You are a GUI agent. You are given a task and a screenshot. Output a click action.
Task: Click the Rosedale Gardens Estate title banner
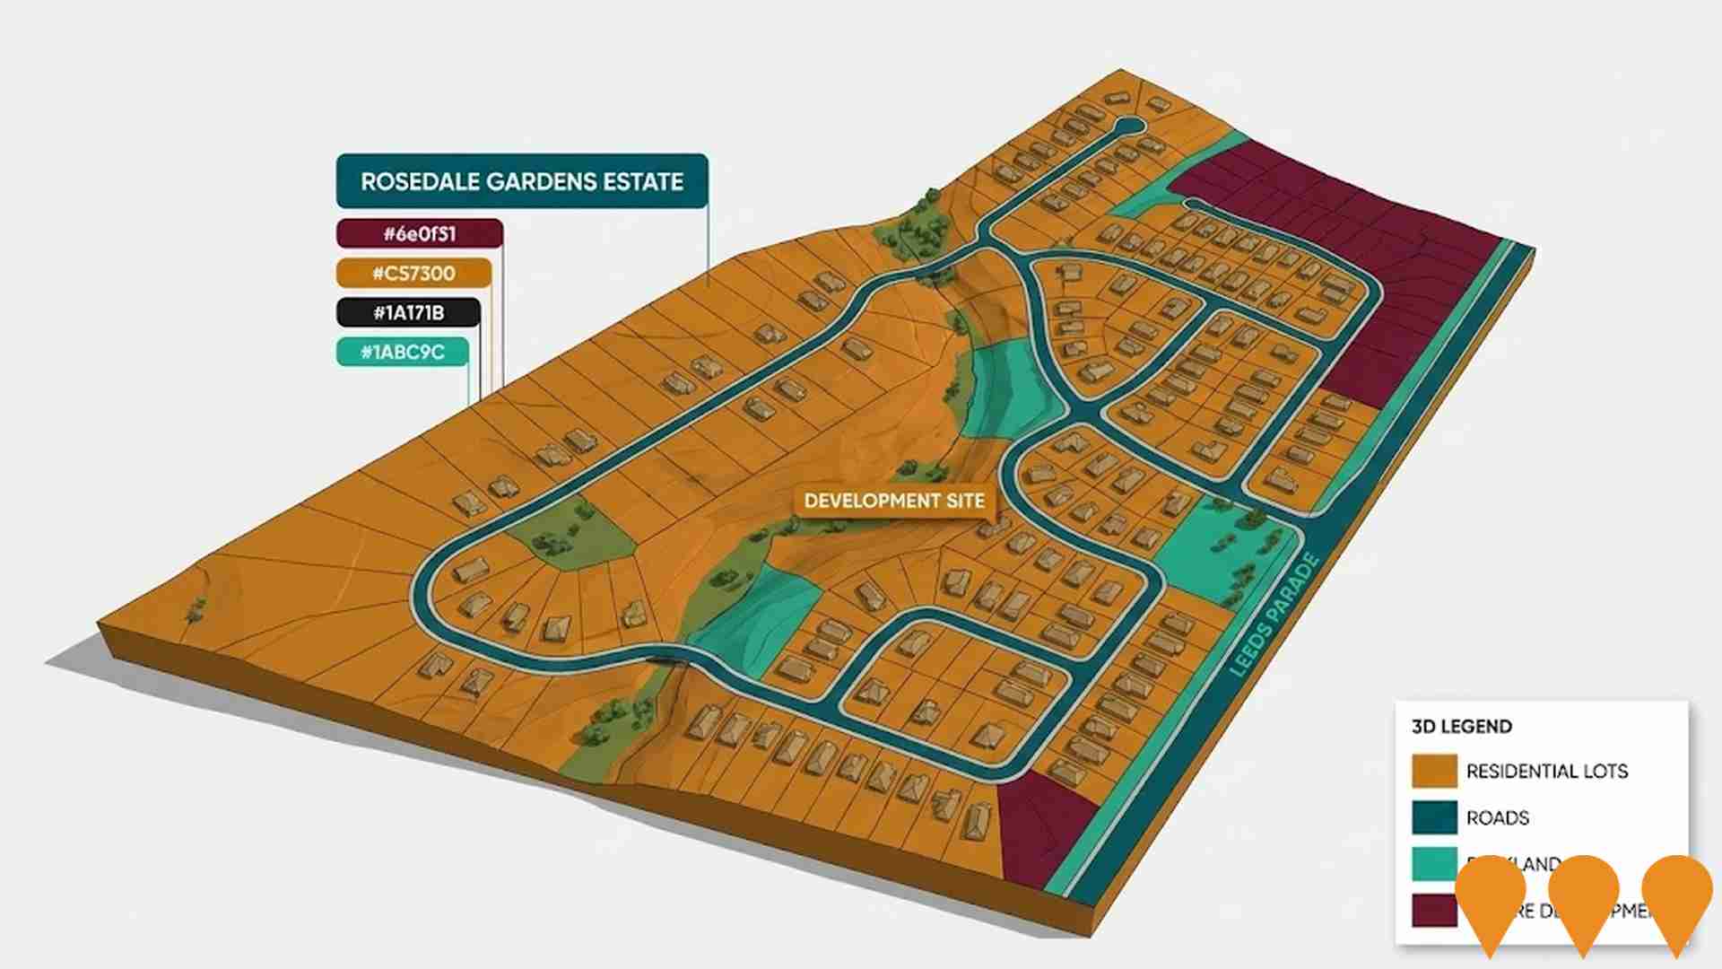point(522,181)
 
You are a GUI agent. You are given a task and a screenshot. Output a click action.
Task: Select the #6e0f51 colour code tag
point(419,234)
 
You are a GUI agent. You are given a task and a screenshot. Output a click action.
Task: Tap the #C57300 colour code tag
point(413,273)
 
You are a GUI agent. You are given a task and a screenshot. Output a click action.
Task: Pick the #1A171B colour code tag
point(408,312)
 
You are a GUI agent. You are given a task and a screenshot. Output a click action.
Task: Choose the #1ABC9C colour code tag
point(403,352)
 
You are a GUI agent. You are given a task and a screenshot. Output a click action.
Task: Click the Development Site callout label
point(894,501)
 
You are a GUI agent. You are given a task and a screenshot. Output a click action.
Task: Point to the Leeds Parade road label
point(1274,615)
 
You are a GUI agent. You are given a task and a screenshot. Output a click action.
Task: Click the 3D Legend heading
point(1462,727)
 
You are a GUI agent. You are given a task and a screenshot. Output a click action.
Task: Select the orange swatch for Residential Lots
point(1434,771)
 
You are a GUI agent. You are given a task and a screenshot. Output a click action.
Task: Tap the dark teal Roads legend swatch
point(1434,817)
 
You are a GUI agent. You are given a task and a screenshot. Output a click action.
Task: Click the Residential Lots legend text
point(1546,771)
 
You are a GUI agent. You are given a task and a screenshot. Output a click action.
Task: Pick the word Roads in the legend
point(1497,817)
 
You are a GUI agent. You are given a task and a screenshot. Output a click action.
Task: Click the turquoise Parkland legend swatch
point(1433,864)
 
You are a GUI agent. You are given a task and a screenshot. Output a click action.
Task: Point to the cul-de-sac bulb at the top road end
point(1129,126)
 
